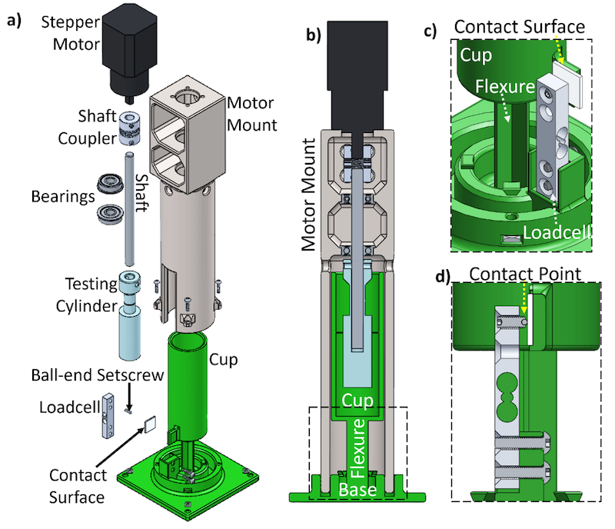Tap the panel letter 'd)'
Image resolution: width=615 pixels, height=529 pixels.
[444, 274]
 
